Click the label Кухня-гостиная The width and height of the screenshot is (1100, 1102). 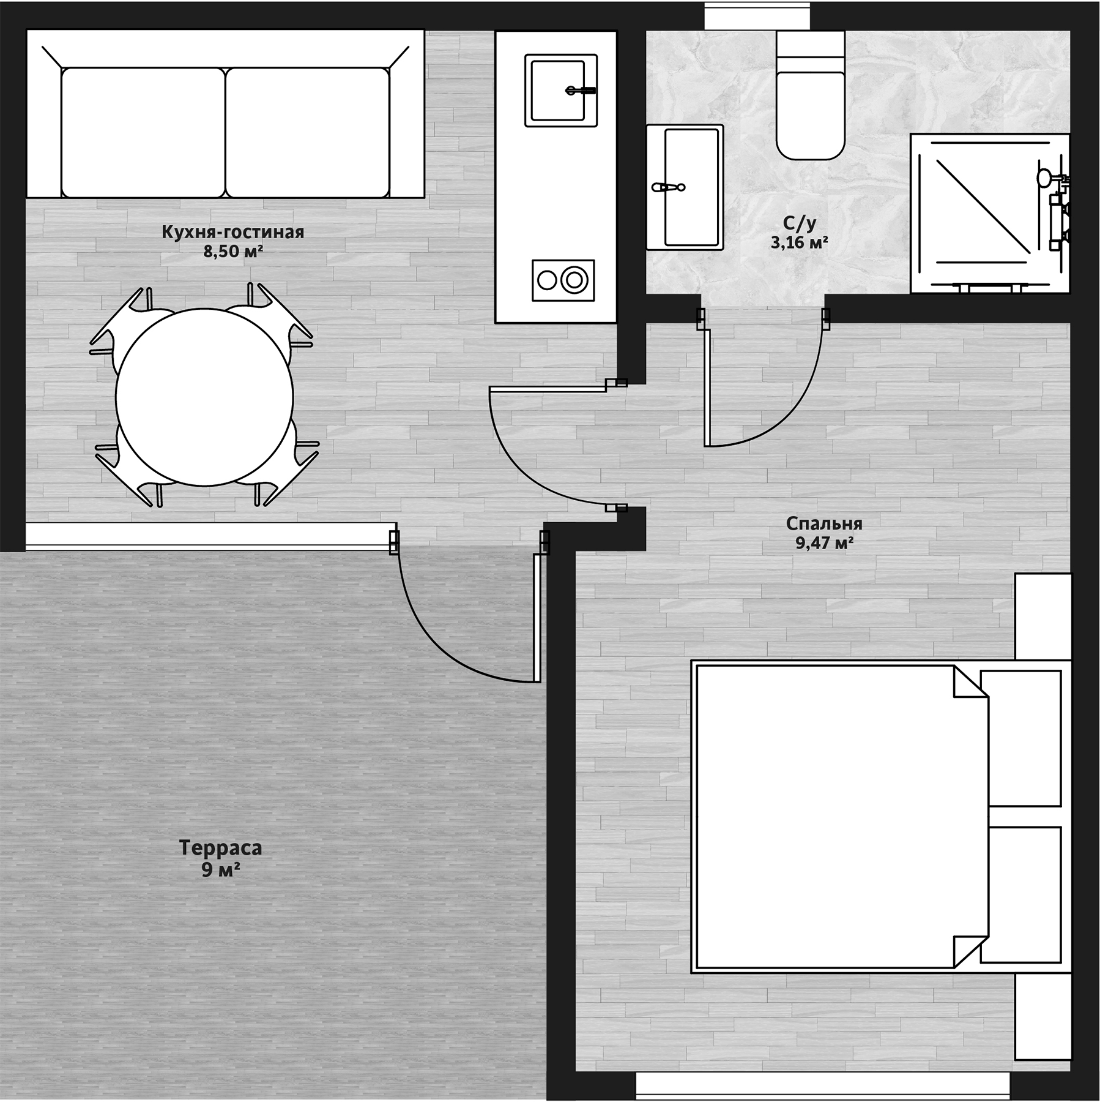click(232, 232)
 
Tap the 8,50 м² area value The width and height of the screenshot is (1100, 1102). click(233, 251)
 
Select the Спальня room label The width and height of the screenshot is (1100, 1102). click(824, 524)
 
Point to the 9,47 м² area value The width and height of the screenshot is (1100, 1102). click(824, 543)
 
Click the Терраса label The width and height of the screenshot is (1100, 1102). click(220, 848)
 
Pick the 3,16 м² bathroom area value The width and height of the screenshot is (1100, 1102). click(799, 243)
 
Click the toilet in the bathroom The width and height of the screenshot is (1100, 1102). click(811, 95)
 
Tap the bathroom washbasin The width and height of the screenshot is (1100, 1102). click(685, 187)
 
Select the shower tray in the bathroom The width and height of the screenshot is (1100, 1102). click(990, 213)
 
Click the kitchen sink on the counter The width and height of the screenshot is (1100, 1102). click(561, 91)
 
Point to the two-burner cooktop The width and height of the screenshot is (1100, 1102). click(563, 280)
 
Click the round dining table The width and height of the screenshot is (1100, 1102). click(204, 397)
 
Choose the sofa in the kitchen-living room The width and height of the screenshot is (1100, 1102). click(225, 114)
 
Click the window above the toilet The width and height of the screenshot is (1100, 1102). click(757, 15)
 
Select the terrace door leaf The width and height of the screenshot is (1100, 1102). click(537, 618)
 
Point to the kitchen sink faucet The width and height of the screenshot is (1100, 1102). click(581, 91)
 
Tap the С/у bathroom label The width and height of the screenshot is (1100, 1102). click(800, 224)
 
